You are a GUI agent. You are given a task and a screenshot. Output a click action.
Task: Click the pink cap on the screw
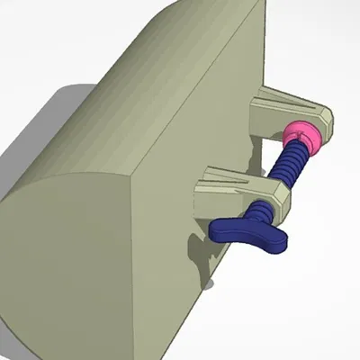(x=302, y=138)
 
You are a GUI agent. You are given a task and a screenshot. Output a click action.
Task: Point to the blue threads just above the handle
(x=260, y=212)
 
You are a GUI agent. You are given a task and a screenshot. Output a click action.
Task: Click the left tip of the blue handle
(x=217, y=229)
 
